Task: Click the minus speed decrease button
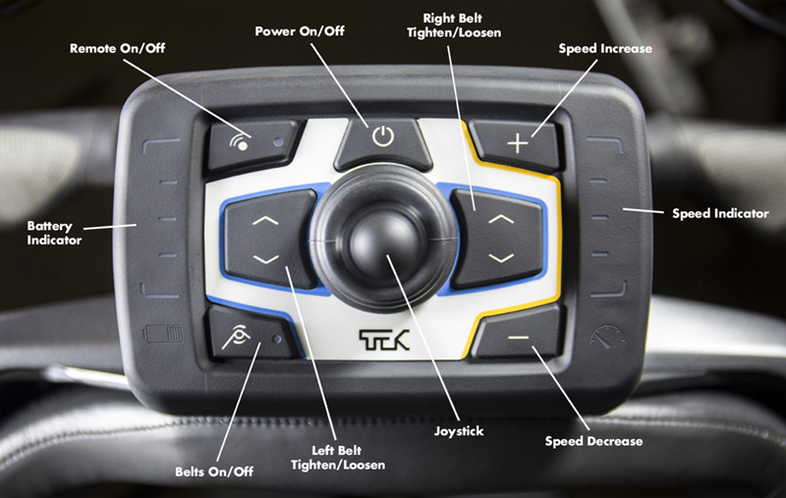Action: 519,337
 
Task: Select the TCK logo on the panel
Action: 384,337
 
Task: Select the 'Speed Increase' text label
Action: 604,48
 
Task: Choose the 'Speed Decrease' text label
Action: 593,441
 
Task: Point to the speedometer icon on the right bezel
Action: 605,337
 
